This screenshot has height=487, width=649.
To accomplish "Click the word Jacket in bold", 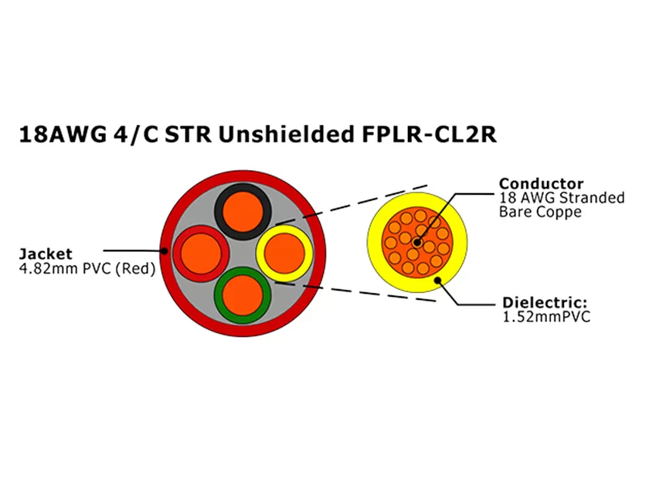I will tap(46, 254).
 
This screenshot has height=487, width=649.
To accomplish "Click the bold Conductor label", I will tap(541, 184).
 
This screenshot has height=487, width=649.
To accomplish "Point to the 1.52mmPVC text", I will tap(546, 317).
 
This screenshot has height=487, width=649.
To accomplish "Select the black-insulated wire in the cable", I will tap(243, 209).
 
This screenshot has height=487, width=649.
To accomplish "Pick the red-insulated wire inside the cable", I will tap(201, 252).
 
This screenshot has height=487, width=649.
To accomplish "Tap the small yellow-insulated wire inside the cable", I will tap(284, 251).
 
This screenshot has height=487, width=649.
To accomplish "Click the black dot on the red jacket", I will tap(165, 250).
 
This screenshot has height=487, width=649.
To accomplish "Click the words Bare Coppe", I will tap(540, 212).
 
